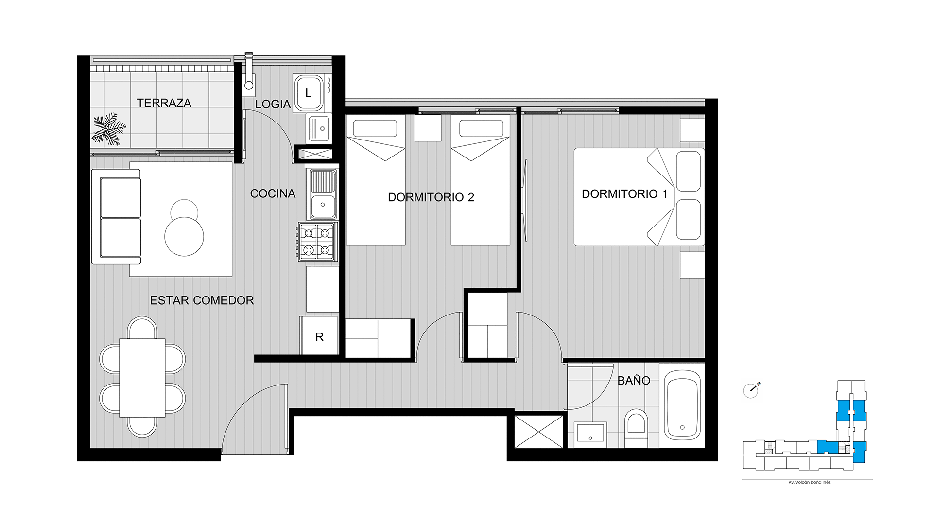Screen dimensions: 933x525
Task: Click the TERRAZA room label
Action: (x=164, y=103)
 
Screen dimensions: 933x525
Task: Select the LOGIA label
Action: (x=273, y=104)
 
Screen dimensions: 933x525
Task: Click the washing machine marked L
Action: (x=308, y=93)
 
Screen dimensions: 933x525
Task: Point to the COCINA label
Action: (x=273, y=193)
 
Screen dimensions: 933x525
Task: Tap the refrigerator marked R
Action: (x=319, y=336)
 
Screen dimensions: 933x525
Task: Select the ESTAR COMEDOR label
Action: (x=202, y=300)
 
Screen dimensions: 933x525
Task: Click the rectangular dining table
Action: (x=142, y=378)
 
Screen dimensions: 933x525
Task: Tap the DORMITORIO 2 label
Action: (x=431, y=197)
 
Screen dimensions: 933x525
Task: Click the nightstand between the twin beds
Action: (x=428, y=128)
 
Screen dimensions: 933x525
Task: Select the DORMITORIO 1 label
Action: (x=624, y=194)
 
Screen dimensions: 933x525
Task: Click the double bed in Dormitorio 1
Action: (x=639, y=197)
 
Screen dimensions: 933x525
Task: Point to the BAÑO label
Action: (x=634, y=381)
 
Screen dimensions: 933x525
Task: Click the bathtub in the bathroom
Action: (x=683, y=404)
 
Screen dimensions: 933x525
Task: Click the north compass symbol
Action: (x=751, y=390)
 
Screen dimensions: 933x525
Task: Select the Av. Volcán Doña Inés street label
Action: (x=810, y=482)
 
